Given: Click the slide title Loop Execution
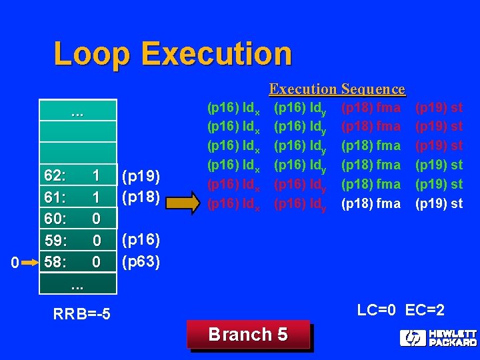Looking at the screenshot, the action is [172, 54].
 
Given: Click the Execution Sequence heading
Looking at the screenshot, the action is [337, 89].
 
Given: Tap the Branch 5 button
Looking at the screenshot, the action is [248, 335].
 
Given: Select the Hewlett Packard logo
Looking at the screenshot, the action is [438, 338].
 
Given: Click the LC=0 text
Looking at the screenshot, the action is [377, 310].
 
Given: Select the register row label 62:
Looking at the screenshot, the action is [55, 176].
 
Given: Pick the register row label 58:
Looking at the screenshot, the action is [55, 262].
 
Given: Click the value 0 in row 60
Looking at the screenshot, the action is [96, 219].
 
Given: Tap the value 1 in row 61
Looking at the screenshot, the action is [96, 197].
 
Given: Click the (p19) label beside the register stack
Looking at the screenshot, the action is [140, 176].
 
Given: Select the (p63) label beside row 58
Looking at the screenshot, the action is [140, 261].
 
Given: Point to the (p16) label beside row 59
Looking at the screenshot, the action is [140, 240].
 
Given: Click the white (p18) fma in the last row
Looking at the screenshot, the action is [371, 204].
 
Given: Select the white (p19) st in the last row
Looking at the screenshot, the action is [439, 204].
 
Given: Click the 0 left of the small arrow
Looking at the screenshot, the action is [16, 264].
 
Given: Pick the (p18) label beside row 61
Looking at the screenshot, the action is [140, 197].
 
